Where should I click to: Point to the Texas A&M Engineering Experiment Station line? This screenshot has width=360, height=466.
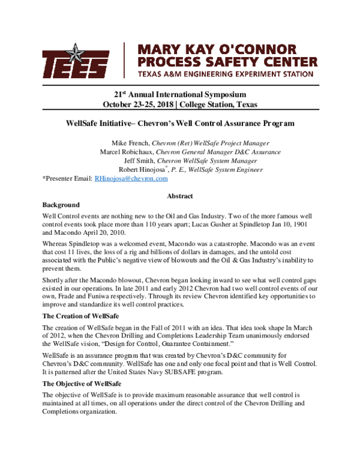click(225, 74)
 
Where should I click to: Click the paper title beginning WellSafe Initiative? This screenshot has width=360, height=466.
click(179, 123)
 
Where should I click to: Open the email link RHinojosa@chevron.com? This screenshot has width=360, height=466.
click(131, 178)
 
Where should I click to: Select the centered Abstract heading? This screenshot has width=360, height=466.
click(179, 196)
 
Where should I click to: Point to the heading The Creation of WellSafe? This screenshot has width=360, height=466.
click(81, 315)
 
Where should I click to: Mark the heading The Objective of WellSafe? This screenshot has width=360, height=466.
click(82, 384)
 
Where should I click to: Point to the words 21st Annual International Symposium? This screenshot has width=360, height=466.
click(179, 95)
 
